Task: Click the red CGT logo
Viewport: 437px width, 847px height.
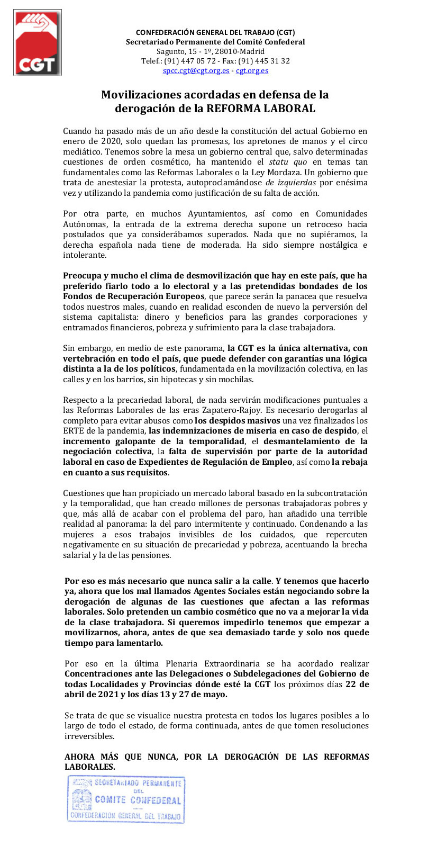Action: pyautogui.click(x=37, y=42)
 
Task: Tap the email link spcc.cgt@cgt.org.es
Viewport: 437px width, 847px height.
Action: pyautogui.click(x=196, y=71)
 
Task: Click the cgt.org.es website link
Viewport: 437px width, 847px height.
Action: pyautogui.click(x=252, y=71)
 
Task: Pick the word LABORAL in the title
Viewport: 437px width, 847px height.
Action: pyautogui.click(x=289, y=109)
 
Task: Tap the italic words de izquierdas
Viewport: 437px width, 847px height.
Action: pyautogui.click(x=291, y=183)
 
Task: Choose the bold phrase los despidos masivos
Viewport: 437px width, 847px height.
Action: pyautogui.click(x=238, y=421)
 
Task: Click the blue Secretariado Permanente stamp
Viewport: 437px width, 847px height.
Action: pyautogui.click(x=126, y=799)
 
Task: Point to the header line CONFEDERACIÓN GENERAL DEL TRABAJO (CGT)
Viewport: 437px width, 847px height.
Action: pyautogui.click(x=215, y=33)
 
